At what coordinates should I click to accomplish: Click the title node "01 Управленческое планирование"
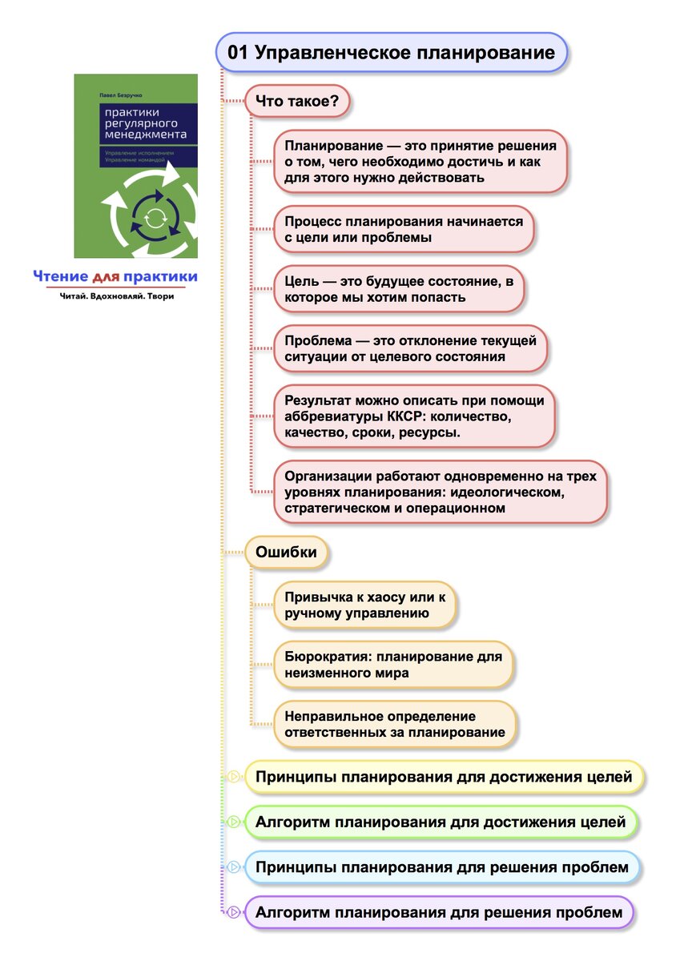pos(392,53)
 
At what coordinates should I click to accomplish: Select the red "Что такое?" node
pos(298,101)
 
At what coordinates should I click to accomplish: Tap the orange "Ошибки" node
pos(286,552)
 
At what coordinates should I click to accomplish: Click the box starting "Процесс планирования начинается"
pos(404,229)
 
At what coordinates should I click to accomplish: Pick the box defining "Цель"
pos(397,289)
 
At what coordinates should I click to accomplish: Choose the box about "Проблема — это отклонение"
pos(410,348)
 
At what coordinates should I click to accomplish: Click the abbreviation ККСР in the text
pos(408,416)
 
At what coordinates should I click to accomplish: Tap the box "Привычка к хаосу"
pos(365,605)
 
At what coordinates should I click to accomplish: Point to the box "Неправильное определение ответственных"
pos(395,724)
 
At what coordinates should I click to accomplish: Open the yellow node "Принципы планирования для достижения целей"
pos(444,777)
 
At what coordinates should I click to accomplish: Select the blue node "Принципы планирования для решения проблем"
pos(442,867)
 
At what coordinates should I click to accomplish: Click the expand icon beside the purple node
pos(234,912)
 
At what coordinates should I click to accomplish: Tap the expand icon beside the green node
pos(234,822)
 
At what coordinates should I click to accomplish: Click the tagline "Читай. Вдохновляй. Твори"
pos(117,296)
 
